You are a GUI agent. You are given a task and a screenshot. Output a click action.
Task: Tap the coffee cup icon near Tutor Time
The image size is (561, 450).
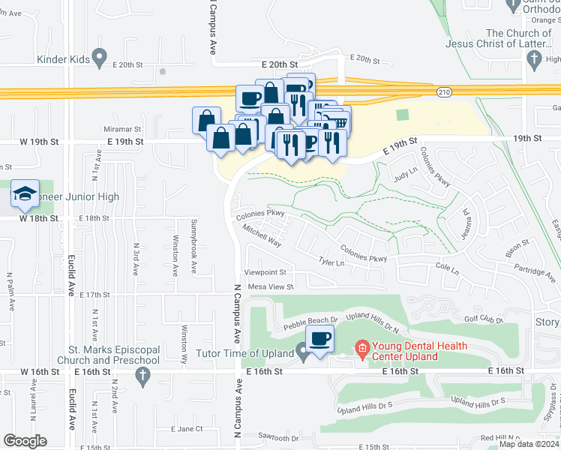[319, 340]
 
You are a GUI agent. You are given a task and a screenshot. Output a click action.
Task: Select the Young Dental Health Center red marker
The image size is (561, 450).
[361, 348]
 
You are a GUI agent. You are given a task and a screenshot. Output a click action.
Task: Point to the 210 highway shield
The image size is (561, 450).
[444, 91]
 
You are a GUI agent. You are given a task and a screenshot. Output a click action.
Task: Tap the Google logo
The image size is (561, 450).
[25, 441]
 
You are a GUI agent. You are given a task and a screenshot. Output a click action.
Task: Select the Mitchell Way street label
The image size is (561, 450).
[262, 238]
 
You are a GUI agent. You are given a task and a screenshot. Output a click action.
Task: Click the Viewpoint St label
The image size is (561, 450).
[265, 272]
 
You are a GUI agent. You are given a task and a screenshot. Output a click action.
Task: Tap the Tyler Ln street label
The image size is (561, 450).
[331, 262]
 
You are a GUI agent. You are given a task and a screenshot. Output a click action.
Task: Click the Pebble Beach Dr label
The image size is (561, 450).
[310, 323]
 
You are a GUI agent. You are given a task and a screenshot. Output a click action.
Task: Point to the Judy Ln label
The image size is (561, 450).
[405, 174]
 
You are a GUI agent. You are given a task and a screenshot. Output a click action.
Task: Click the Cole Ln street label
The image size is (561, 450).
[445, 266]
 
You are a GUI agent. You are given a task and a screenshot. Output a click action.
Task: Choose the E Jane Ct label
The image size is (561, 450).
[187, 429]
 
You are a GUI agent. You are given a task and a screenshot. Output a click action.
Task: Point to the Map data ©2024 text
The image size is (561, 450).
[529, 444]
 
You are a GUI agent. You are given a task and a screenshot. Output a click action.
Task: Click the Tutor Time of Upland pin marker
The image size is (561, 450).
[302, 350]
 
